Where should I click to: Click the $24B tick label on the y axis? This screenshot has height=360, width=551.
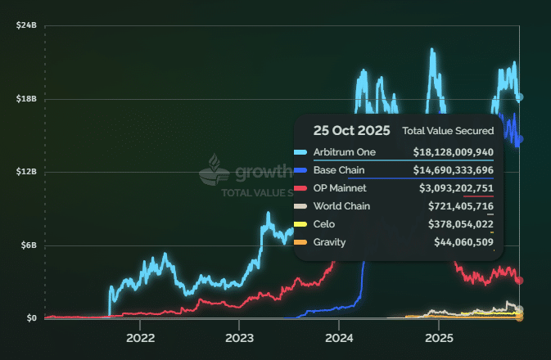26,26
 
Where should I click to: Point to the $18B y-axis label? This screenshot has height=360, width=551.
26,99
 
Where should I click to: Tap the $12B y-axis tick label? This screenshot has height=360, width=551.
26,172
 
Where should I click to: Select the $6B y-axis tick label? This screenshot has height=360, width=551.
28,245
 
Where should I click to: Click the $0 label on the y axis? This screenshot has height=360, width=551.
31,318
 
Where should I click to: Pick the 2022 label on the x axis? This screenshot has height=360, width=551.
140,337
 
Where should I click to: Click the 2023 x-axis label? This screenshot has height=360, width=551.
240,337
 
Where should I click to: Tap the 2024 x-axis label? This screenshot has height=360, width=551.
339,337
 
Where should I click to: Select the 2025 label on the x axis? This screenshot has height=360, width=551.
439,337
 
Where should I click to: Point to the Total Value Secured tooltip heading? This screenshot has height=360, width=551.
448,131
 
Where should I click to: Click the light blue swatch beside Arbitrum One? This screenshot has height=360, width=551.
300,152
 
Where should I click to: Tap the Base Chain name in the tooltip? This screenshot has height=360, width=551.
339,170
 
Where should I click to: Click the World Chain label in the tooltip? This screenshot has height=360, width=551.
341,206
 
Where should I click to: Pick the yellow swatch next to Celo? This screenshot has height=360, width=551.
300,224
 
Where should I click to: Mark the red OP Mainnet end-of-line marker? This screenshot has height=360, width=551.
519,281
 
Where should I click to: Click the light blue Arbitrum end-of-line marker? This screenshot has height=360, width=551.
519,97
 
